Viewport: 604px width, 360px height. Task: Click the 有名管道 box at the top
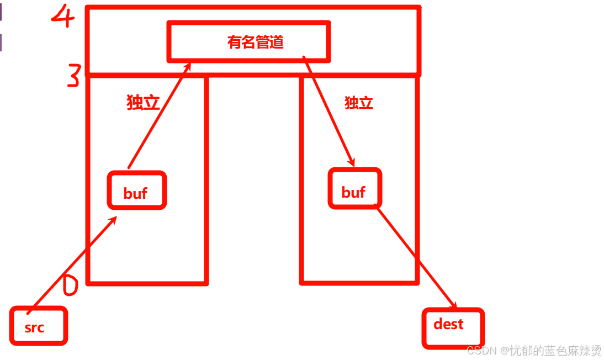[248, 41]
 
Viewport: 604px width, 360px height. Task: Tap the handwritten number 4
[63, 16]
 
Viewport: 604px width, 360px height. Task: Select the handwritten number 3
[73, 76]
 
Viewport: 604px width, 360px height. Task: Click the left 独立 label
[143, 103]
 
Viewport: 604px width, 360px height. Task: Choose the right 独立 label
[359, 103]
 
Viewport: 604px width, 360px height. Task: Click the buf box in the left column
[136, 190]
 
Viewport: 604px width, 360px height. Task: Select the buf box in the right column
[354, 189]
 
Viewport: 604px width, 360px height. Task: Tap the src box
[38, 326]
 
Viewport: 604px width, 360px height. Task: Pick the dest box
[453, 328]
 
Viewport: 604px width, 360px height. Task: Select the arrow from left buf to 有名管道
[159, 116]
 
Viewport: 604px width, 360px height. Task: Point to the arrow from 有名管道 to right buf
[329, 110]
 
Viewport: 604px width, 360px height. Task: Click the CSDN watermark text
[533, 350]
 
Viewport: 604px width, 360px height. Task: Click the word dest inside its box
[448, 324]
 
